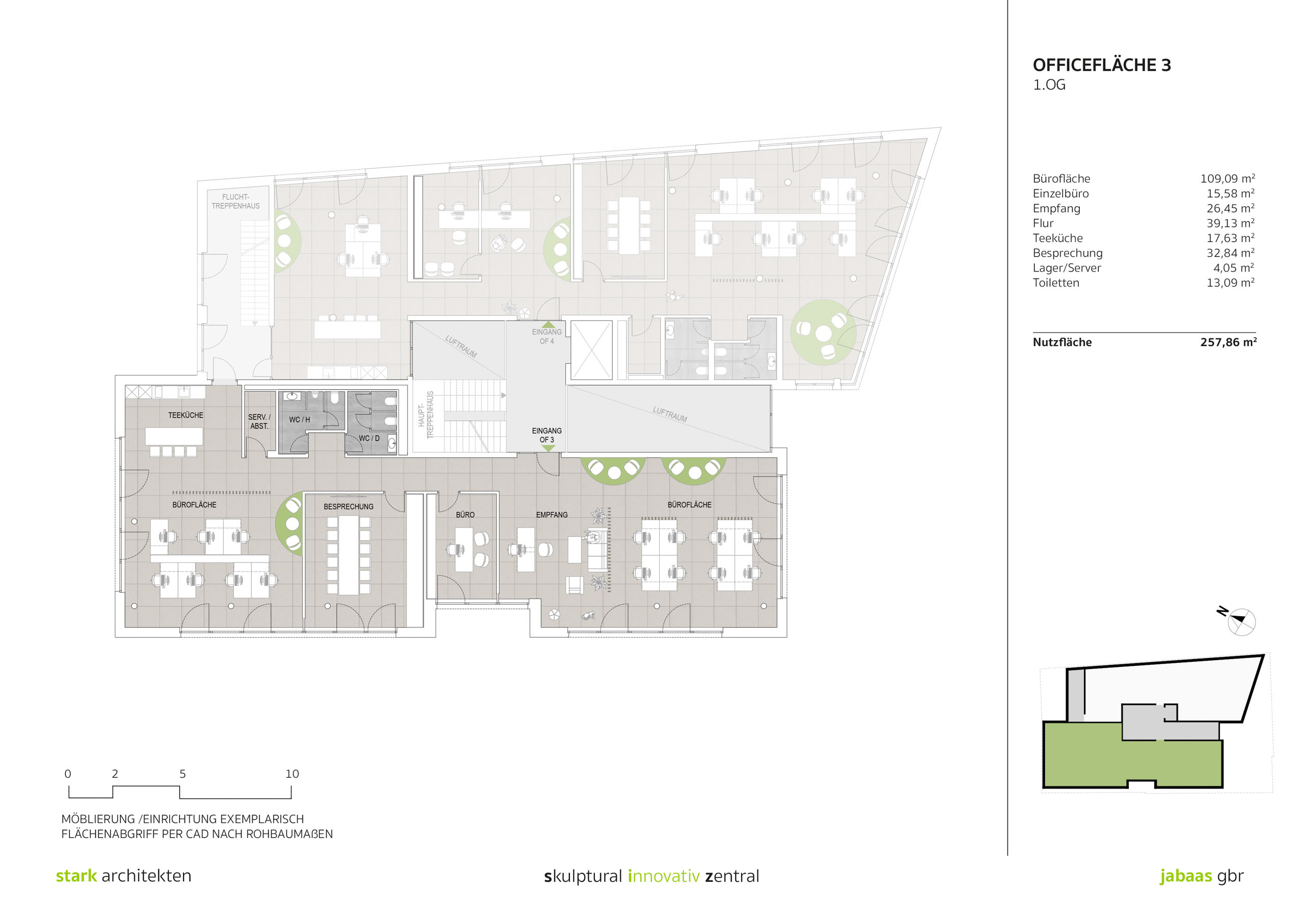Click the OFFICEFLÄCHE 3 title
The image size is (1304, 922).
coord(1101,65)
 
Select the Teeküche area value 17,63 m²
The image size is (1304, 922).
coord(1230,238)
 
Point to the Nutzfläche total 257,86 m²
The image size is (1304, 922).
coord(1228,342)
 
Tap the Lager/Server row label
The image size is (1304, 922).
coord(1067,268)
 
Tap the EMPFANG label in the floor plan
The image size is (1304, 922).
coord(552,514)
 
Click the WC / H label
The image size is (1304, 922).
coord(300,420)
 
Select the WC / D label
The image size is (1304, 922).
coord(369,439)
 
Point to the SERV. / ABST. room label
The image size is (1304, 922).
coord(259,421)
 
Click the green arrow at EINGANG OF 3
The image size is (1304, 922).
coord(548,448)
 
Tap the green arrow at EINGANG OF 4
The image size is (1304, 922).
coord(548,324)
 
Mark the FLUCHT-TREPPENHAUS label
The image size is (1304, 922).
coord(236,202)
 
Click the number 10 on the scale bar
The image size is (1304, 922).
coord(292,774)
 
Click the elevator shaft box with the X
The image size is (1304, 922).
coord(591,350)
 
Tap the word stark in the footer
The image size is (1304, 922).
coord(76,876)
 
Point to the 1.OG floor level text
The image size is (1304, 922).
coord(1049,85)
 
